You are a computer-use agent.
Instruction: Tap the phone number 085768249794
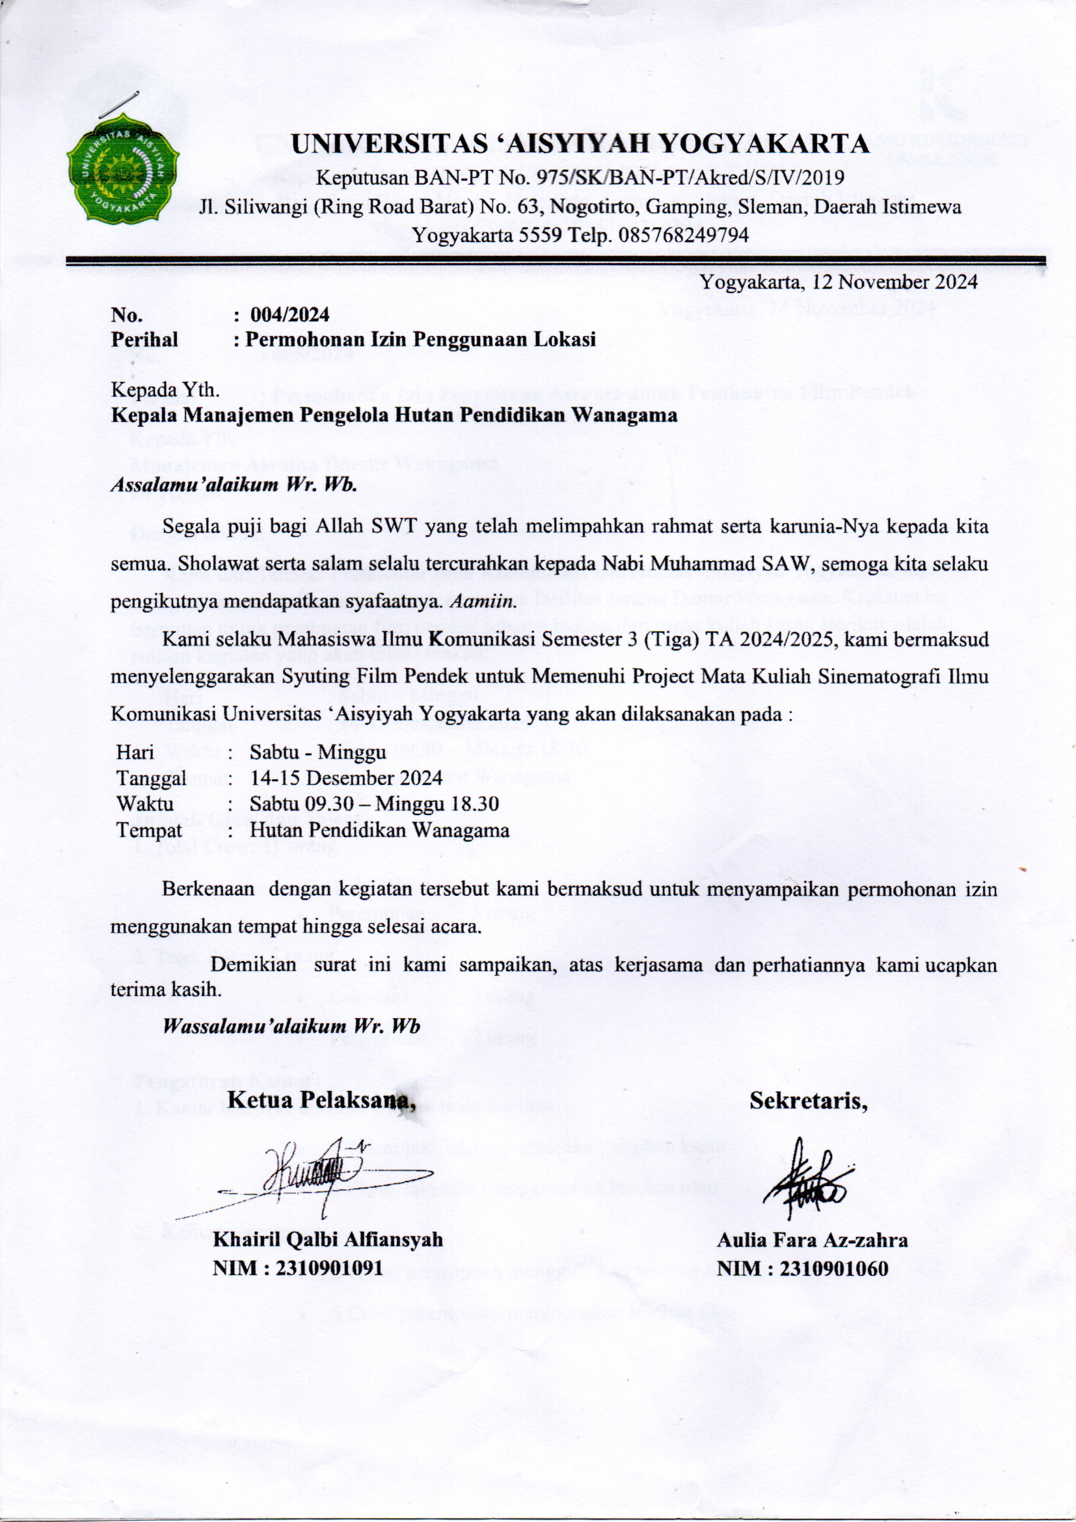tap(683, 234)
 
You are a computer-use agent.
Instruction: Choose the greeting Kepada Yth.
tap(165, 390)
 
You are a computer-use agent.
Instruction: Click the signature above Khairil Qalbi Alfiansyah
tap(312, 1179)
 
